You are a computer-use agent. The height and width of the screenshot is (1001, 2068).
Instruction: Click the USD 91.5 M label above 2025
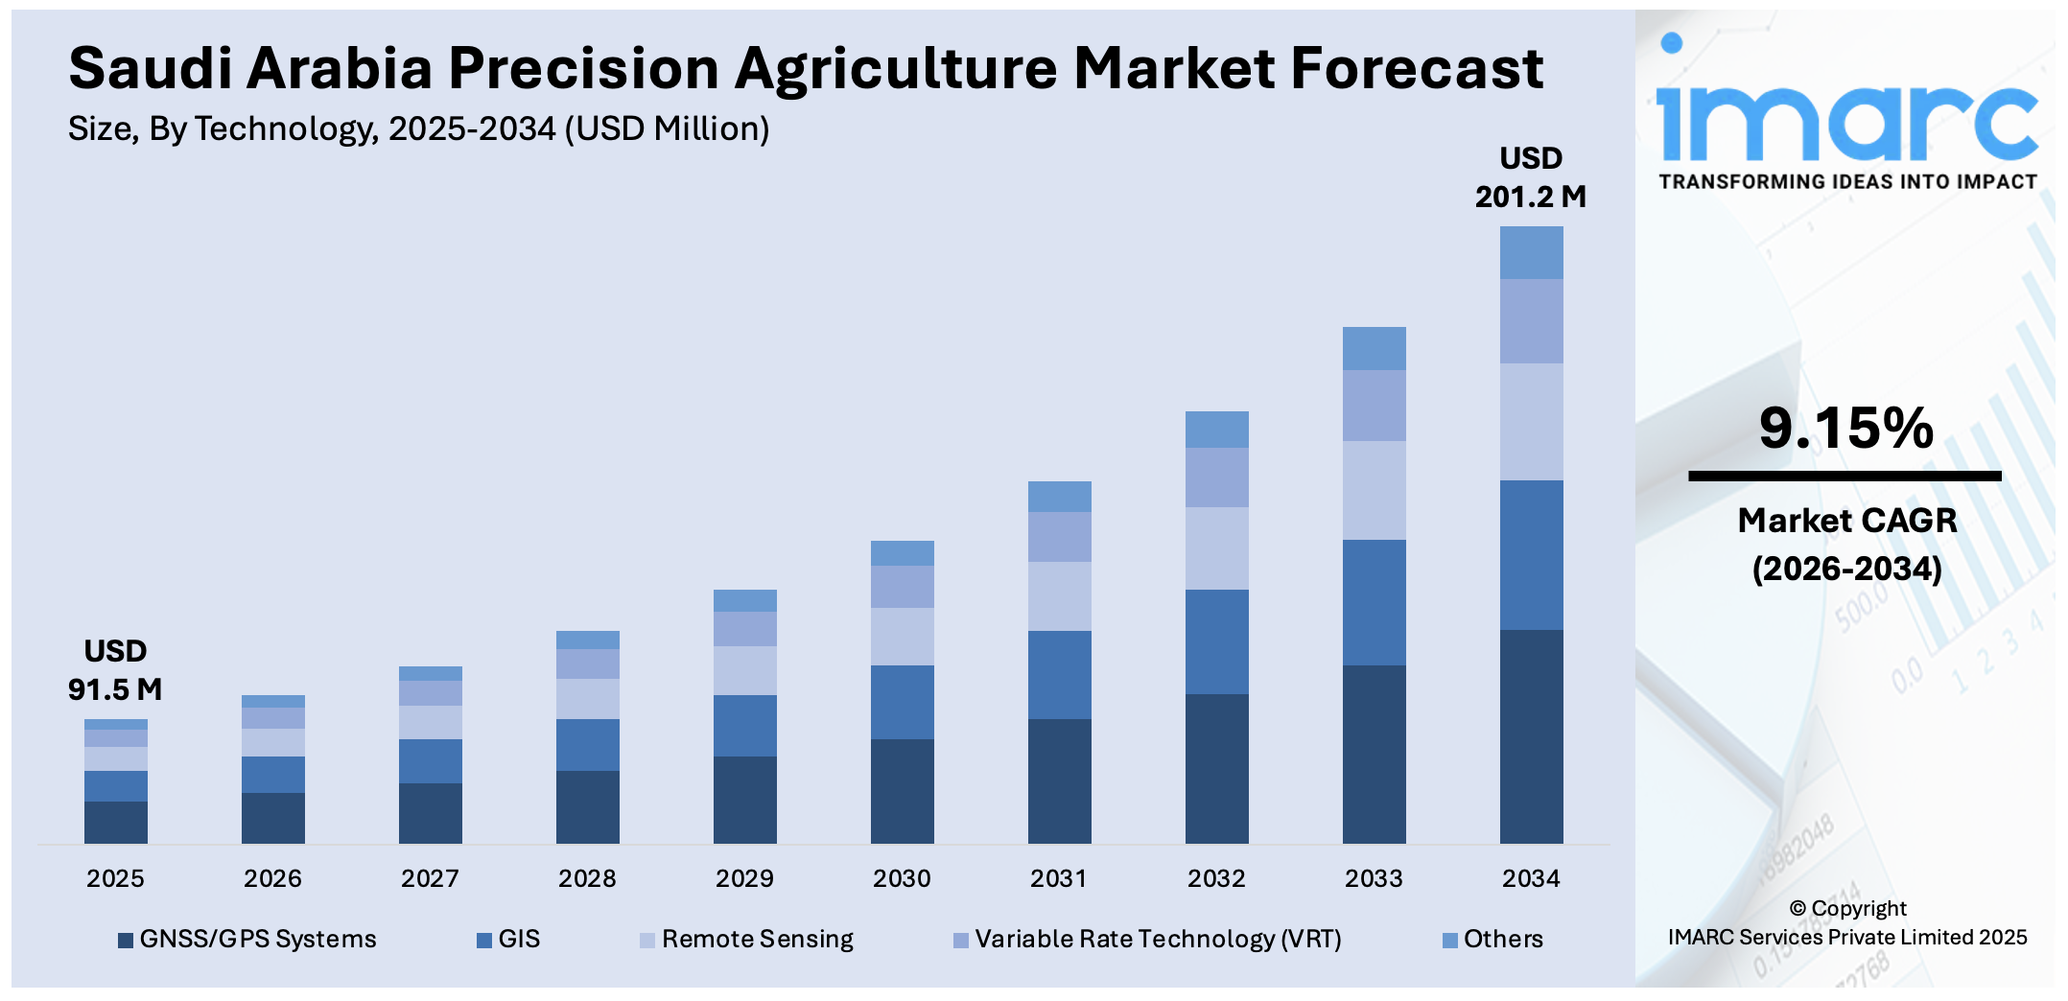115,670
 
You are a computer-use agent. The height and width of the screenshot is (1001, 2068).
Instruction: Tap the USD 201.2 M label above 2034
1531,177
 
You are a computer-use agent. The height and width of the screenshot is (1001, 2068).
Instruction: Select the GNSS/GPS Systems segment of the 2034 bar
1531,736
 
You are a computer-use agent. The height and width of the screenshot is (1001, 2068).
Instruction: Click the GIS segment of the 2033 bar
1374,602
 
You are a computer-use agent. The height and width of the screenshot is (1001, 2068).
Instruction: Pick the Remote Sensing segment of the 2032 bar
1216,547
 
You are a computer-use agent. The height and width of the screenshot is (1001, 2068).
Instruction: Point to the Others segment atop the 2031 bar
1059,496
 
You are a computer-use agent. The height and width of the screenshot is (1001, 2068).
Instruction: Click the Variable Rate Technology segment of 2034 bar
1531,321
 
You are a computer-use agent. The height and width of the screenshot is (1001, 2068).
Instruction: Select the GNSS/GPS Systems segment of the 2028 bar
587,806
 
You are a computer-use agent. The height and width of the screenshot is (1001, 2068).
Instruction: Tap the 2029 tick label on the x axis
744,878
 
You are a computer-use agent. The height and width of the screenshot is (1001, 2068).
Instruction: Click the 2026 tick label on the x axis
272,878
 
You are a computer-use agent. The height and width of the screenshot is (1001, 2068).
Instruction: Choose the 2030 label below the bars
902,878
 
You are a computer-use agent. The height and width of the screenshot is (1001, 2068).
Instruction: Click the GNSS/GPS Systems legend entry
247,939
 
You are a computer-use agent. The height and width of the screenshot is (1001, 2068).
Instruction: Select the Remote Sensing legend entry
747,939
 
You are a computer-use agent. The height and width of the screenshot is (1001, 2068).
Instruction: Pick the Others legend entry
1493,939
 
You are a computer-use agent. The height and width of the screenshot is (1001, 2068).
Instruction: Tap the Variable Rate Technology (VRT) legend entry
1148,939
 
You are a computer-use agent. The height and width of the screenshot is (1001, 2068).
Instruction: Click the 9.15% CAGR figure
1845,428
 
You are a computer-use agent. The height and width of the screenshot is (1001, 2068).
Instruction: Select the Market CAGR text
1846,521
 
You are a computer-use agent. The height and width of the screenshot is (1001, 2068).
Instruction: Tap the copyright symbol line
1846,908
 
